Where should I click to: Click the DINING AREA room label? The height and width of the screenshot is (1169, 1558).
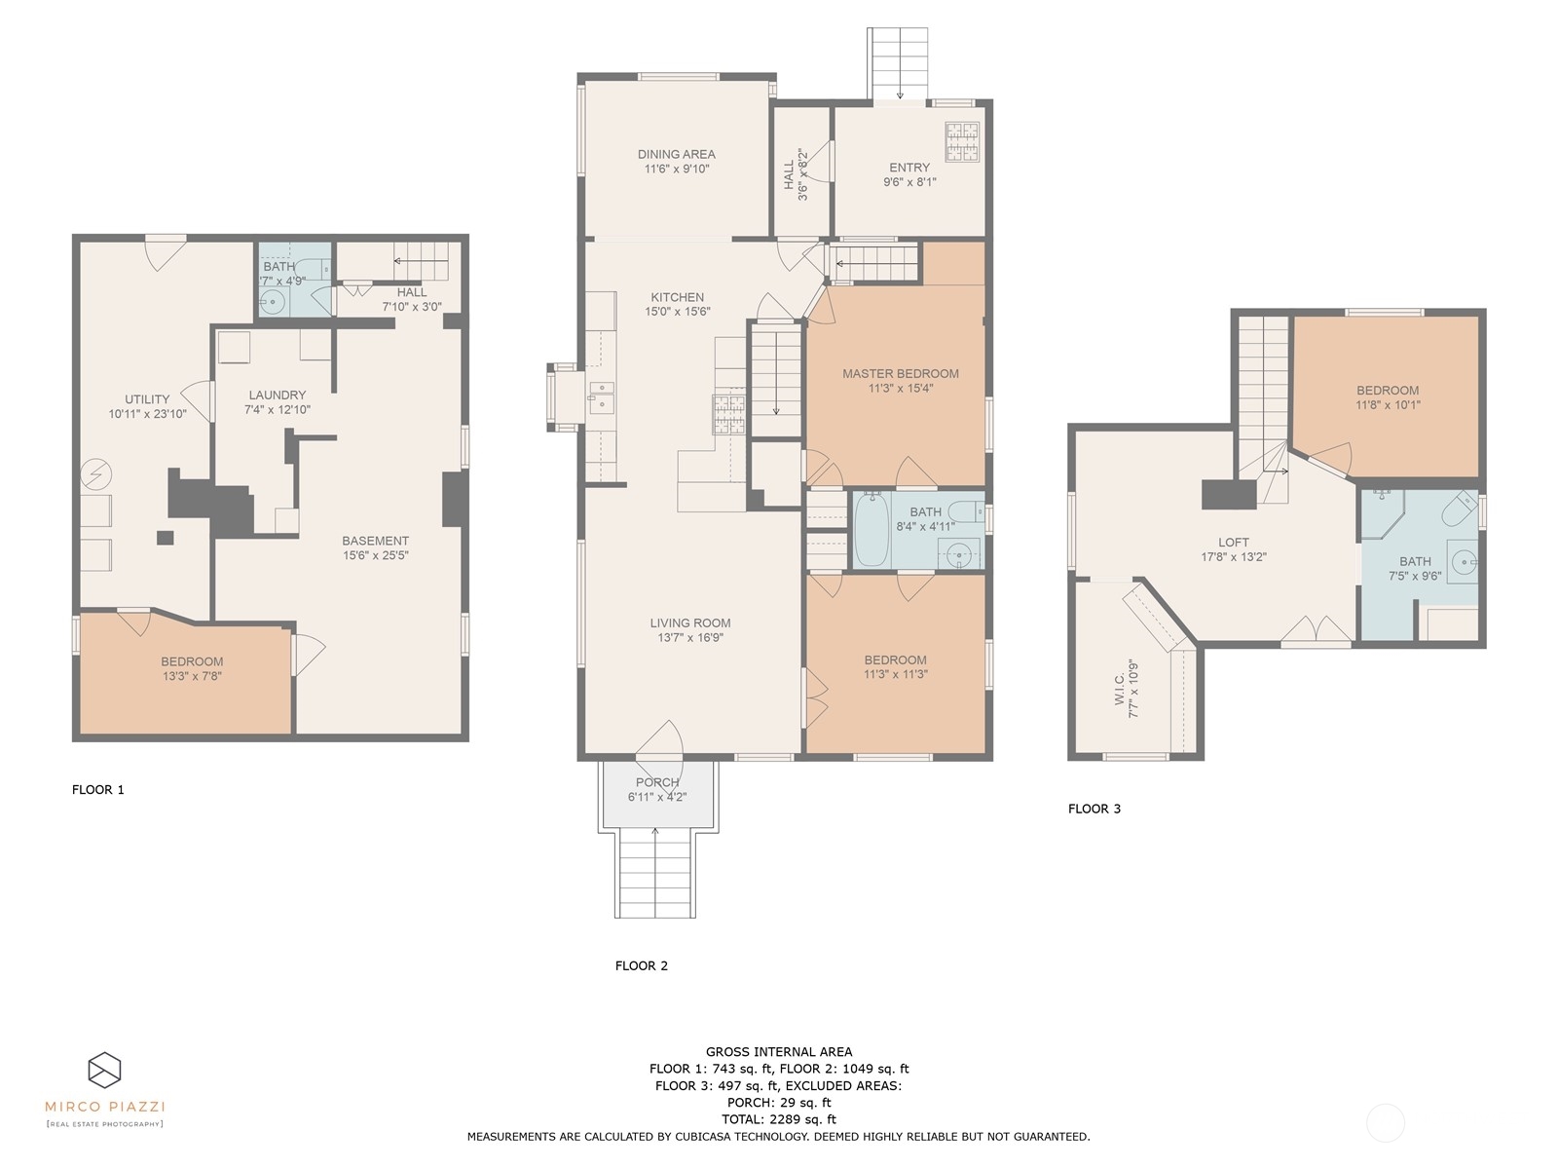click(x=676, y=154)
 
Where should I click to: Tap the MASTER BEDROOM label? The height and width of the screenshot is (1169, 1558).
click(x=900, y=373)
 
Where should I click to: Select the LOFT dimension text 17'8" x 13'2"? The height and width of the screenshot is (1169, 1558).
click(x=1233, y=558)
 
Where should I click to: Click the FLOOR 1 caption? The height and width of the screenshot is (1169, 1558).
click(x=98, y=790)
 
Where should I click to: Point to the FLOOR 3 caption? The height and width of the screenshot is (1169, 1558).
click(x=1094, y=809)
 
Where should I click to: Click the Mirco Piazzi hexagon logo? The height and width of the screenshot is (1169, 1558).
click(x=104, y=1070)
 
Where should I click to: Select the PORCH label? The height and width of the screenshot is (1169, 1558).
click(x=657, y=782)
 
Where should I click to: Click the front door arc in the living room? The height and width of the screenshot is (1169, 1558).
click(x=661, y=739)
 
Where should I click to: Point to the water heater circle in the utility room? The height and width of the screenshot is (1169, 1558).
click(x=96, y=474)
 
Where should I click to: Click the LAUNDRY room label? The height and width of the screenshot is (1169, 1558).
click(x=277, y=396)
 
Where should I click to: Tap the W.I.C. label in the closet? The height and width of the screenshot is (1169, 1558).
click(x=1120, y=688)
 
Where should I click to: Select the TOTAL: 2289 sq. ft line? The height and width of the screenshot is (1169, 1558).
click(x=778, y=1119)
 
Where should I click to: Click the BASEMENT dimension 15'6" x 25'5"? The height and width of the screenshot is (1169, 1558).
click(x=375, y=556)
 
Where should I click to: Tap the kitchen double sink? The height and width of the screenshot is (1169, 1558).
click(x=601, y=394)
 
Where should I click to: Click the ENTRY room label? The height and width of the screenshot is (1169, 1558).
click(x=909, y=168)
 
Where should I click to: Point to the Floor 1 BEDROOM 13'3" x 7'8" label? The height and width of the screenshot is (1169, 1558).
click(x=192, y=661)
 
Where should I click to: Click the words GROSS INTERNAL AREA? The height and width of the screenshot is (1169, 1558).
click(x=778, y=1051)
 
